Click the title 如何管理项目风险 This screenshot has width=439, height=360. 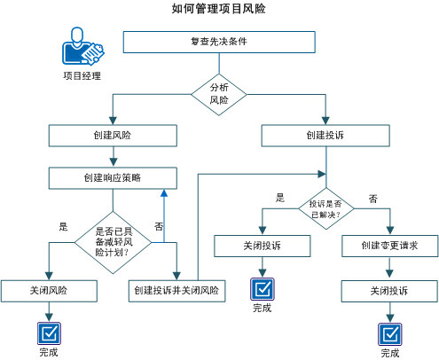[218, 9]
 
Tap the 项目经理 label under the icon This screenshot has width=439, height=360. [82, 76]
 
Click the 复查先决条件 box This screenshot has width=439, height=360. [218, 43]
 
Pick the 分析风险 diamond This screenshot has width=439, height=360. [218, 94]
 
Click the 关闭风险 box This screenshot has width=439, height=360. [47, 290]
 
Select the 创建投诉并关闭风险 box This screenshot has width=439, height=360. [177, 290]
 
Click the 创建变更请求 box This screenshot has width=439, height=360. [388, 245]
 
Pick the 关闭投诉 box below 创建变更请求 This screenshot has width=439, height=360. [388, 290]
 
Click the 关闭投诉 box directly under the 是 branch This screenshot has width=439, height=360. [262, 245]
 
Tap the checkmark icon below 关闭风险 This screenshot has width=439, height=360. [48, 332]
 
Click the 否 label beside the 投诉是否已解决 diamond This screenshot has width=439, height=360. [373, 198]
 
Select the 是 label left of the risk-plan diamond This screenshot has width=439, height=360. [63, 226]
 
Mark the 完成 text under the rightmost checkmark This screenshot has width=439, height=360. [389, 353]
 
